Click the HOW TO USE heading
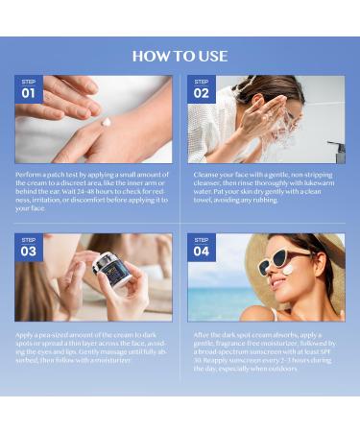[180, 56]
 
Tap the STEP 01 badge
[28, 90]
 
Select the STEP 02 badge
[201, 90]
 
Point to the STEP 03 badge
[28, 248]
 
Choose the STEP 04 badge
[201, 248]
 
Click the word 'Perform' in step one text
[29, 175]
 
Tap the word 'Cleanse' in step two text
[203, 175]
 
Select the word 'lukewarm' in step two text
[315, 183]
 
